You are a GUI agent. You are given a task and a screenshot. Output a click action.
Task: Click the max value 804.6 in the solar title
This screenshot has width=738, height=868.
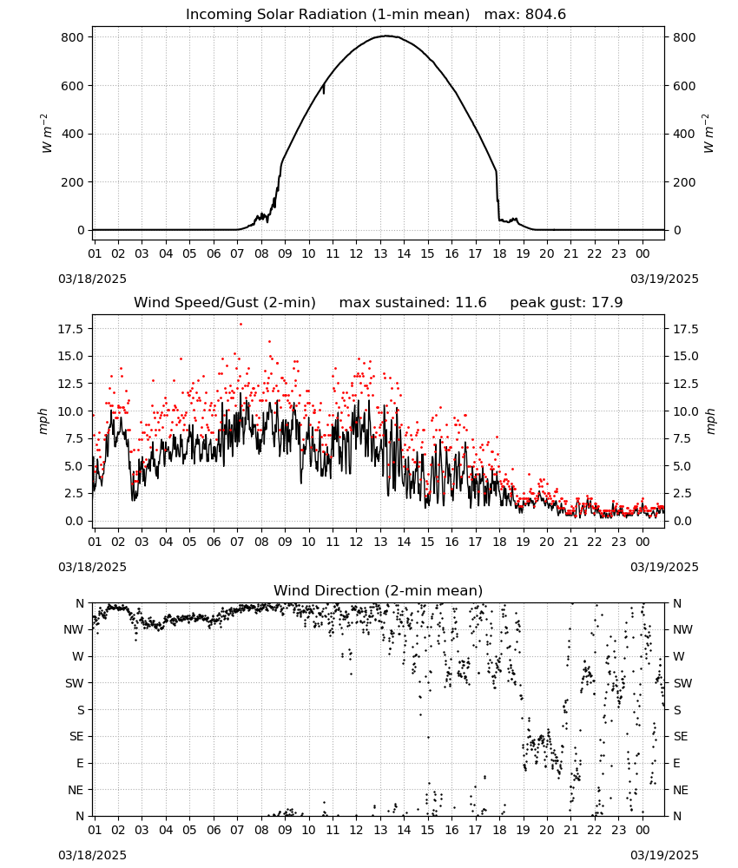click(x=545, y=15)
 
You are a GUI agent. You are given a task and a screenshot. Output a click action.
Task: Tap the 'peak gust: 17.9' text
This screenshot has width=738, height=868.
click(x=566, y=303)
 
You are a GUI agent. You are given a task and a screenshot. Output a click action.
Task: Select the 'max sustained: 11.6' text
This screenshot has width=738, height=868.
click(x=412, y=303)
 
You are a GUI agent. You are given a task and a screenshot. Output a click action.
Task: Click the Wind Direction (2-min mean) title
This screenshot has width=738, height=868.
click(x=379, y=590)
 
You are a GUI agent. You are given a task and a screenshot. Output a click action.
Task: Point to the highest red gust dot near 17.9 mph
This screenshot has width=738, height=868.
click(x=241, y=325)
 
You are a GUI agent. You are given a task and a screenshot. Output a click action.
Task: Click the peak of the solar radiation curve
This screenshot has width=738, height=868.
click(x=387, y=36)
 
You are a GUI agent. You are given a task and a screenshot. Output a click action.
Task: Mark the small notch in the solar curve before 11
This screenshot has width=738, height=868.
click(x=324, y=89)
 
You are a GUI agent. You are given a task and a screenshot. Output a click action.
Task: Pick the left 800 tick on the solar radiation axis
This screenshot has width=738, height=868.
click(x=73, y=37)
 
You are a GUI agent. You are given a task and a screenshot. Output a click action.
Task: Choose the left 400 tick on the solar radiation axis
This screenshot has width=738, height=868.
click(x=73, y=134)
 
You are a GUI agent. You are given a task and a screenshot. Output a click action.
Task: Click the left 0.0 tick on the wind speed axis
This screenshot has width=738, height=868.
click(x=74, y=521)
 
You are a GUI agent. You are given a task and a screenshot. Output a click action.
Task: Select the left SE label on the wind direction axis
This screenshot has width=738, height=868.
click(x=76, y=737)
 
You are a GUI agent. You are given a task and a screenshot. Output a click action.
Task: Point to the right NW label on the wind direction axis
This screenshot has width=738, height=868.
click(x=682, y=630)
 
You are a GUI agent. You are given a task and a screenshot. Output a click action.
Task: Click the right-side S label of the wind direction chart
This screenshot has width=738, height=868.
click(x=676, y=710)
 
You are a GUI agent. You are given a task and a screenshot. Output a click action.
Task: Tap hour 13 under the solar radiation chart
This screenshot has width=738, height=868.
click(x=380, y=254)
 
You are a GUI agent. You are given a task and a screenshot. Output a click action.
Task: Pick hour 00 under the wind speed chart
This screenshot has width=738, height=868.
click(x=642, y=542)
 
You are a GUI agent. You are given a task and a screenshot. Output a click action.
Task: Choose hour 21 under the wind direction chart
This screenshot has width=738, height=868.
click(x=570, y=830)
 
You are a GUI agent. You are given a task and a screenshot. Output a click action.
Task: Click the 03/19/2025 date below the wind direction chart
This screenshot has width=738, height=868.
click(x=664, y=855)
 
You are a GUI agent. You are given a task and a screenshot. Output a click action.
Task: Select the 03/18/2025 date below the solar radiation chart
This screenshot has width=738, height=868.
click(x=92, y=279)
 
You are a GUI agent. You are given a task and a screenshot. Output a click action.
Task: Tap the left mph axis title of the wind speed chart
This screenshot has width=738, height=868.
click(x=43, y=421)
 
